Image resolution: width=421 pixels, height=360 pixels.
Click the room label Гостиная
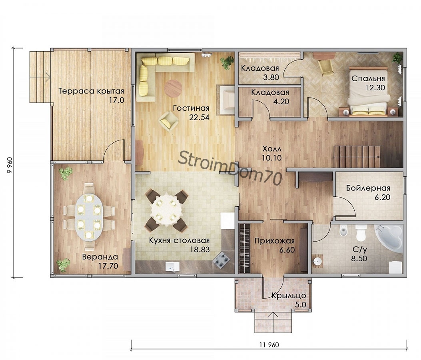pos(191,108)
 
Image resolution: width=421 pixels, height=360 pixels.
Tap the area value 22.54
pos(199,117)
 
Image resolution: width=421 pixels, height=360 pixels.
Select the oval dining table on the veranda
pos(89,216)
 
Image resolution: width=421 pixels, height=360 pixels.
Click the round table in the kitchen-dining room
pos(166,210)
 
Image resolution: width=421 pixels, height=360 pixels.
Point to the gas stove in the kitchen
pos(221,260)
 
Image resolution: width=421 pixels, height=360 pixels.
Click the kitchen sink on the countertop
pos(172,267)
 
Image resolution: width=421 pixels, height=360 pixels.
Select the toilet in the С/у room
pos(361,233)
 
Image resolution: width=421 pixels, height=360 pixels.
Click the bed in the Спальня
pos(368,93)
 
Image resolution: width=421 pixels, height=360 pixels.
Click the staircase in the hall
pos(357,156)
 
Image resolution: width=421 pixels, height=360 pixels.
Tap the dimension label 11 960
pos(269,345)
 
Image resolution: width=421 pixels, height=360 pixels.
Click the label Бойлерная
pos(368,188)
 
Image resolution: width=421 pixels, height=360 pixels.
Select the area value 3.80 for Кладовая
pos(271,77)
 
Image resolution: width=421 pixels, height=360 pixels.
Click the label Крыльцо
pos(289,296)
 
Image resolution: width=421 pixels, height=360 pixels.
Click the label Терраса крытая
pos(91,91)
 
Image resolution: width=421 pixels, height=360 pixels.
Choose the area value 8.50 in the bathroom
pos(359,259)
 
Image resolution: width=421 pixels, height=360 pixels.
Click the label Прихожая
pos(274,241)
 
